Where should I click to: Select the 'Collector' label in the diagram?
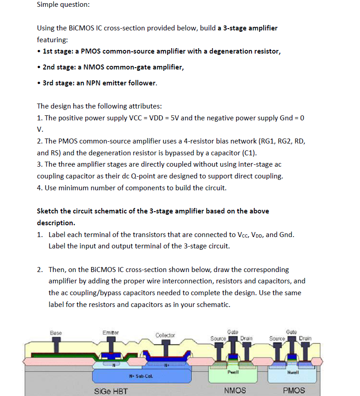(165, 335)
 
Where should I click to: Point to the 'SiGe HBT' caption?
(111, 391)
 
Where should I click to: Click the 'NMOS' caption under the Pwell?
(235, 391)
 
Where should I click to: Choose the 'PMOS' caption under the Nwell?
(294, 391)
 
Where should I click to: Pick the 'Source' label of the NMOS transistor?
(218, 338)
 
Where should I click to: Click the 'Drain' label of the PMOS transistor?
(305, 338)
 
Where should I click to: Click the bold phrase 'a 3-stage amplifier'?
(247, 28)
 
